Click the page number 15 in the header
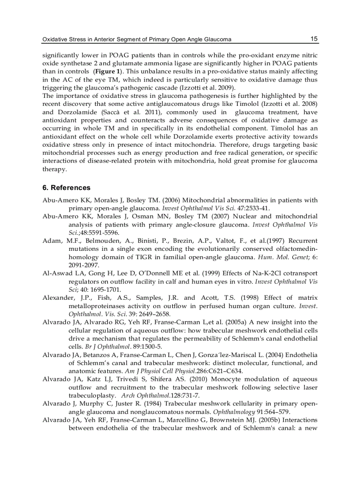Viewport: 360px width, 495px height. (x=314, y=39)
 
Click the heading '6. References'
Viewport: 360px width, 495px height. (x=66, y=187)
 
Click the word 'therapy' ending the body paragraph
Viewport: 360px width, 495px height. (x=54, y=169)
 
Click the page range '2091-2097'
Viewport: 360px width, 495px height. (x=84, y=265)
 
